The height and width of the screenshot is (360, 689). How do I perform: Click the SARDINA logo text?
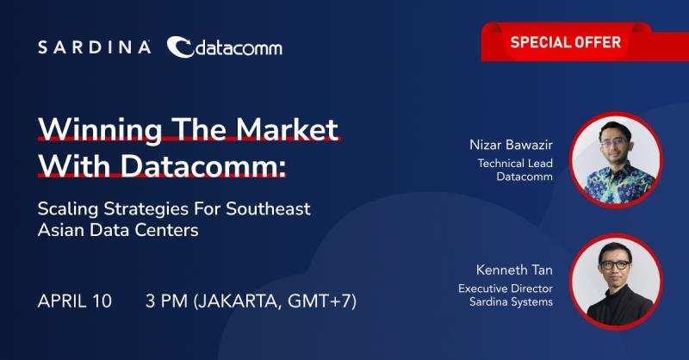[95, 47]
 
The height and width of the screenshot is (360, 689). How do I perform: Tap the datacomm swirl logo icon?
[180, 47]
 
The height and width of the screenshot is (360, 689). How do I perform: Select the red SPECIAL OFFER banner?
[585, 42]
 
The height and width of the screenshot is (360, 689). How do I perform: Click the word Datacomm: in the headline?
[203, 165]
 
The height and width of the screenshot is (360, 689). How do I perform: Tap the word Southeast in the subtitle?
[268, 208]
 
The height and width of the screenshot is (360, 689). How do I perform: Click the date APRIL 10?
[75, 301]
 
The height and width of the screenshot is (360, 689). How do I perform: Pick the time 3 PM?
[166, 301]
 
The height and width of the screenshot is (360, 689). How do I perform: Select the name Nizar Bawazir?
[511, 145]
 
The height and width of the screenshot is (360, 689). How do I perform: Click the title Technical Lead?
[515, 163]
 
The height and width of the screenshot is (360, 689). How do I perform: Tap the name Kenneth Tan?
[514, 270]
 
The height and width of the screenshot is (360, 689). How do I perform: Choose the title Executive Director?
[506, 289]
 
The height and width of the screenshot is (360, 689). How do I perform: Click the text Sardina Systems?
[511, 302]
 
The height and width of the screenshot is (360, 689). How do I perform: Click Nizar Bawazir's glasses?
[614, 142]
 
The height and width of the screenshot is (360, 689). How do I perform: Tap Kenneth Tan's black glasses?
[615, 264]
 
